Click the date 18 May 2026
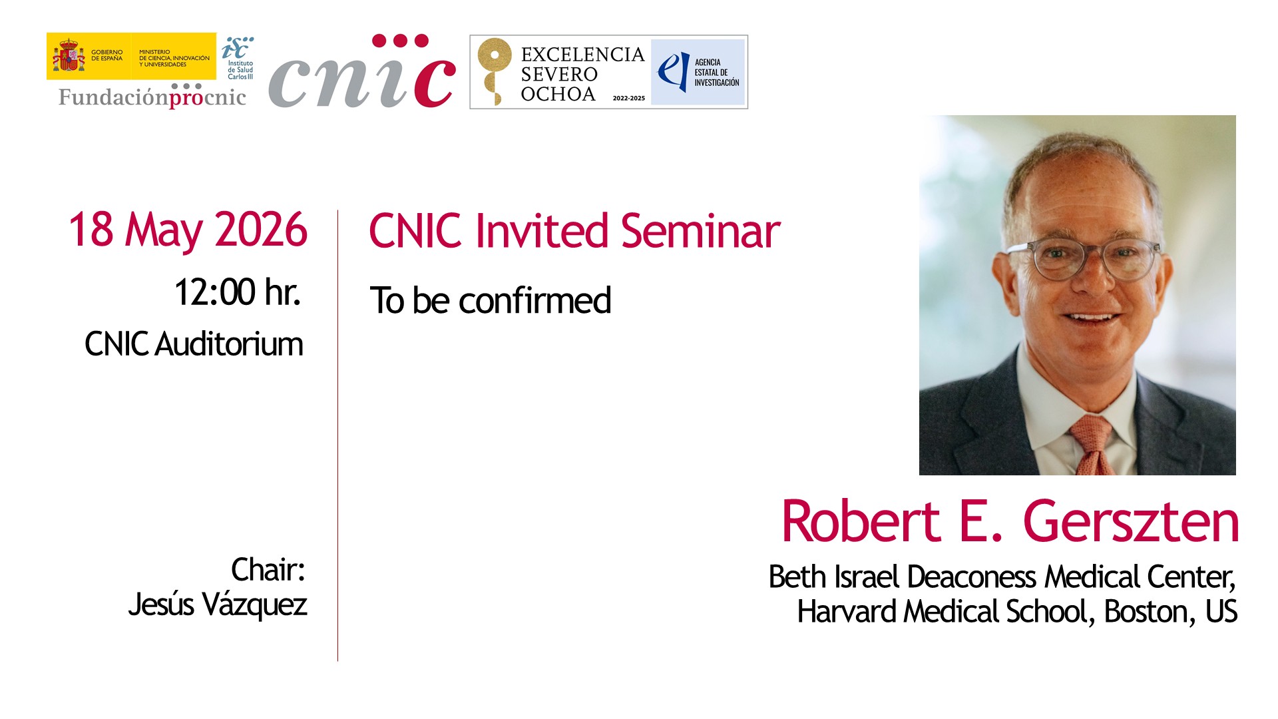188,230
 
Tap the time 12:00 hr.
238,292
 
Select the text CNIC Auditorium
194,344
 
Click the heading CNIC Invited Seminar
574,231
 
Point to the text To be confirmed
491,300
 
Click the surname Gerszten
1131,521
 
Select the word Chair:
268,570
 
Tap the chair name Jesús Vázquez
218,604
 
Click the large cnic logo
363,72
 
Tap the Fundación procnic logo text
152,97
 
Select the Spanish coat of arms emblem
69,56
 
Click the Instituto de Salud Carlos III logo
238,58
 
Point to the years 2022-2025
629,98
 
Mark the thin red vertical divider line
337,435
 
